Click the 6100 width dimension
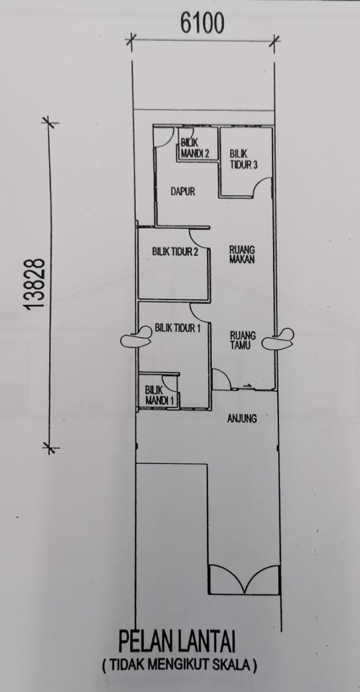(203, 23)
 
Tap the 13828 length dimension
(35, 284)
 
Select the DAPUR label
(182, 192)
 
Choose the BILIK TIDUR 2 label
(175, 252)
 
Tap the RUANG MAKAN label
(242, 254)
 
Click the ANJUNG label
(242, 418)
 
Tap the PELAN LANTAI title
(177, 643)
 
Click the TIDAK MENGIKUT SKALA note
(179, 666)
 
